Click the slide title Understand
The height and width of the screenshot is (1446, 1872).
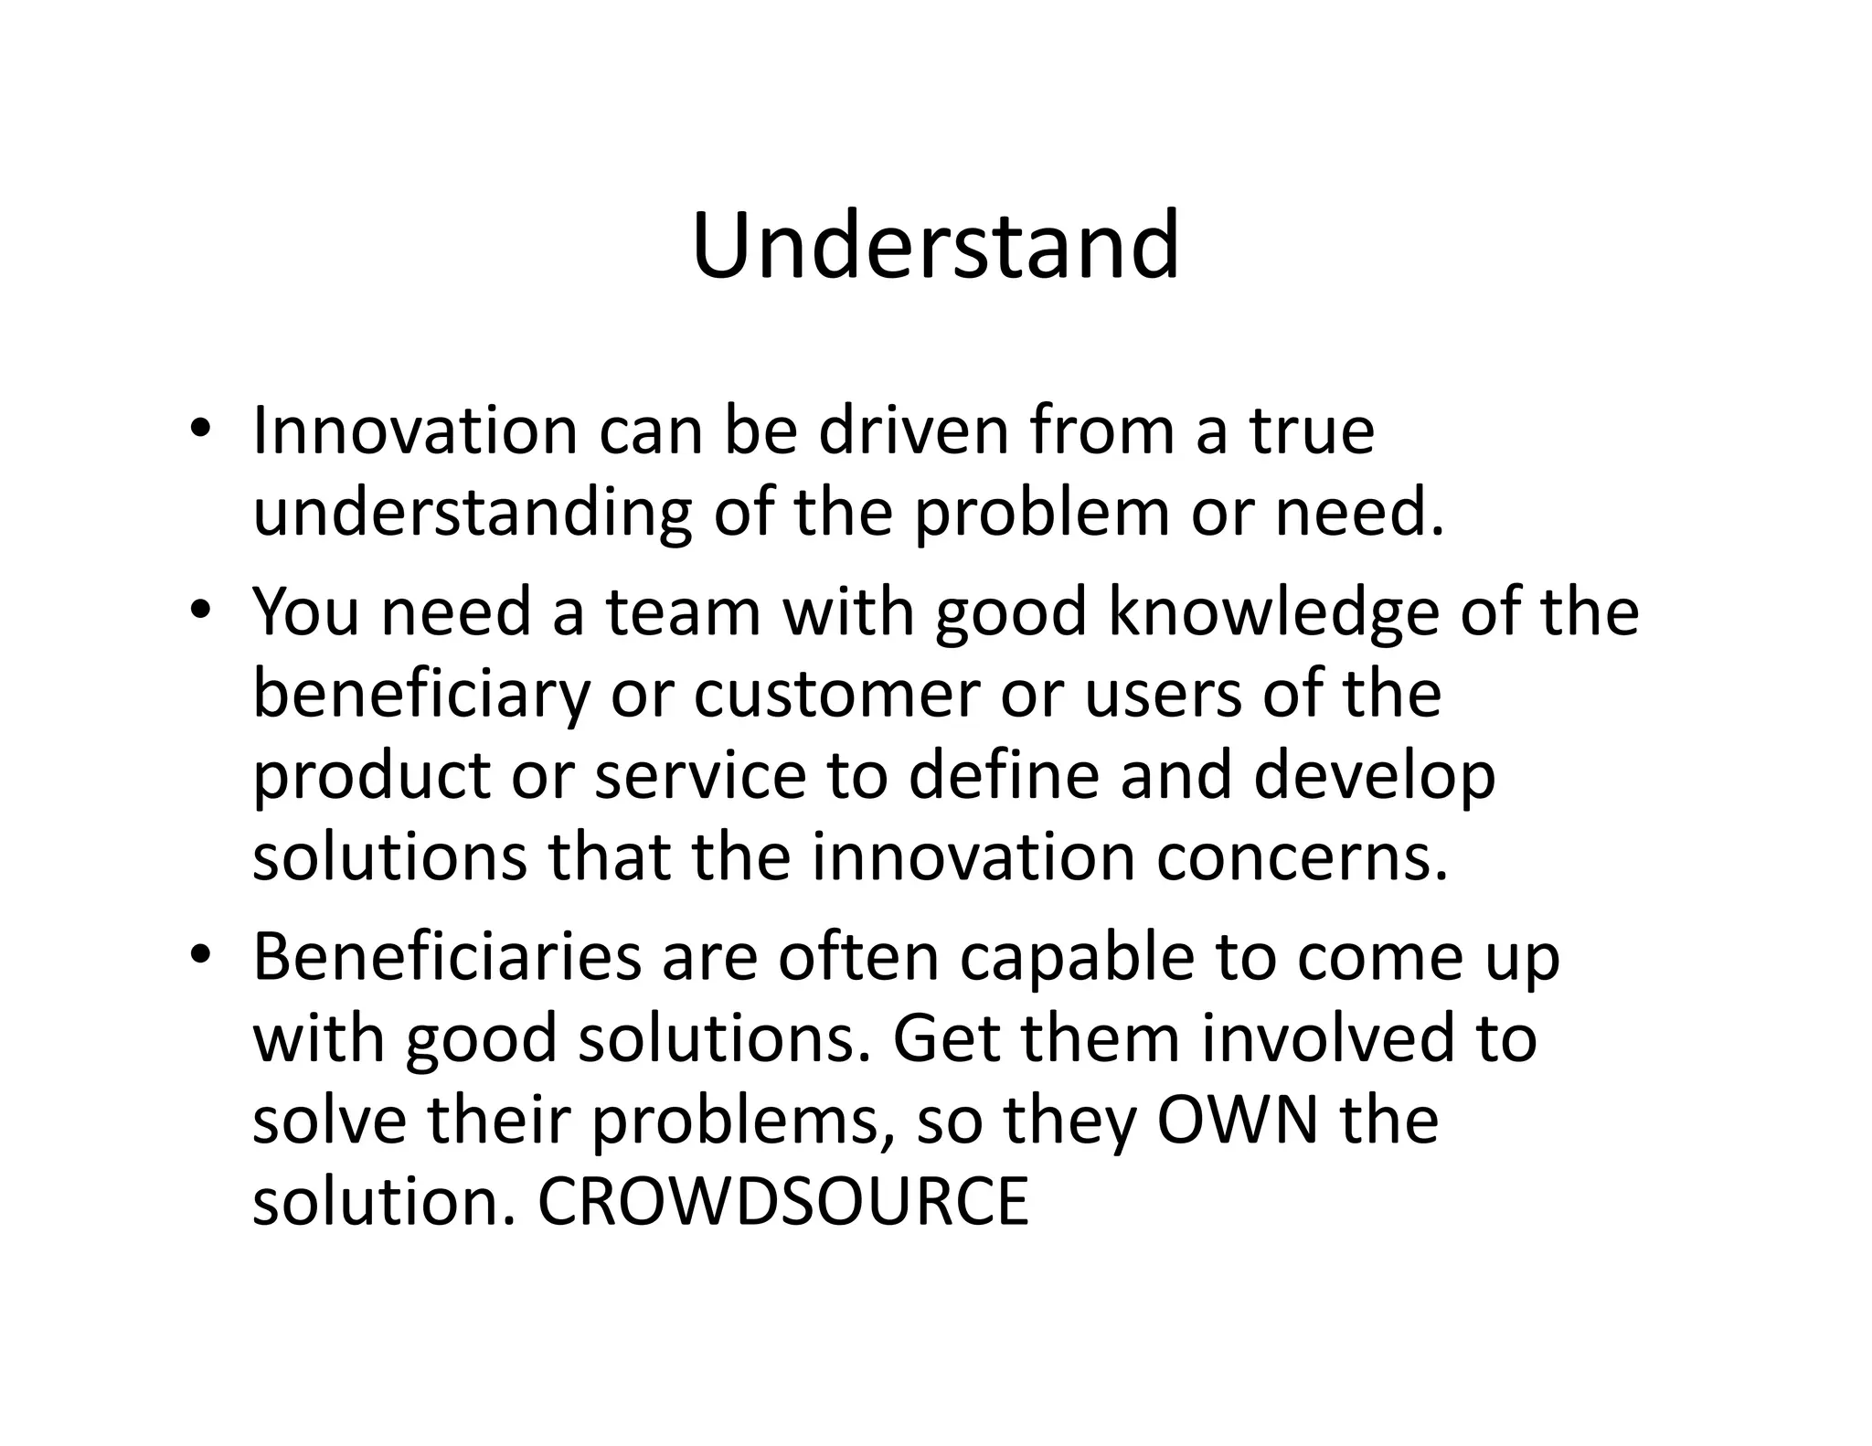[935, 246]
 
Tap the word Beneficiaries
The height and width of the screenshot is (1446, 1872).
[446, 957]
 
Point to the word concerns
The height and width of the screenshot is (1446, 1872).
[1303, 857]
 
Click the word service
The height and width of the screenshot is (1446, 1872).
[701, 775]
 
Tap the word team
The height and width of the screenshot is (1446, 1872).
[683, 611]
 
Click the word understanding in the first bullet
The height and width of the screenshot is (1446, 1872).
[472, 513]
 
